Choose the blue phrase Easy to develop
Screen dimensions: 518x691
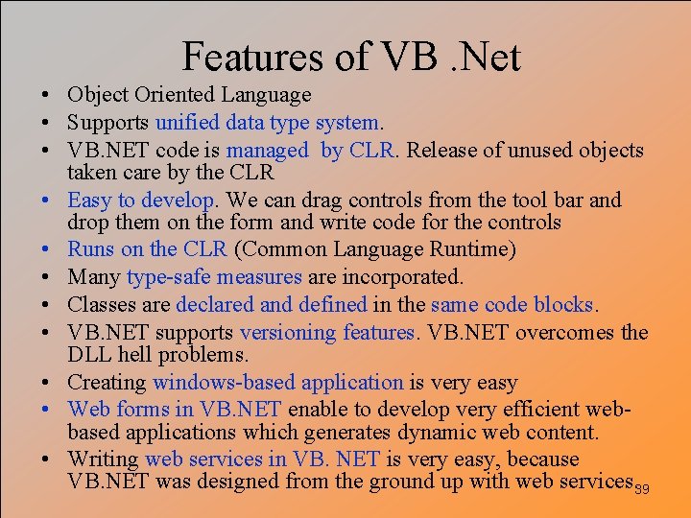pos(141,200)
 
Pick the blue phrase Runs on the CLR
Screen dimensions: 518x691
pos(147,250)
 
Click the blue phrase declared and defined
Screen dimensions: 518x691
pos(271,305)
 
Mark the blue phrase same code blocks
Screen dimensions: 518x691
pos(513,305)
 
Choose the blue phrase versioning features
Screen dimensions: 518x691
pos(327,333)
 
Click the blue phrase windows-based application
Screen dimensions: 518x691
pos(278,383)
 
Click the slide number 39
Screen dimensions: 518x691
pos(643,489)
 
